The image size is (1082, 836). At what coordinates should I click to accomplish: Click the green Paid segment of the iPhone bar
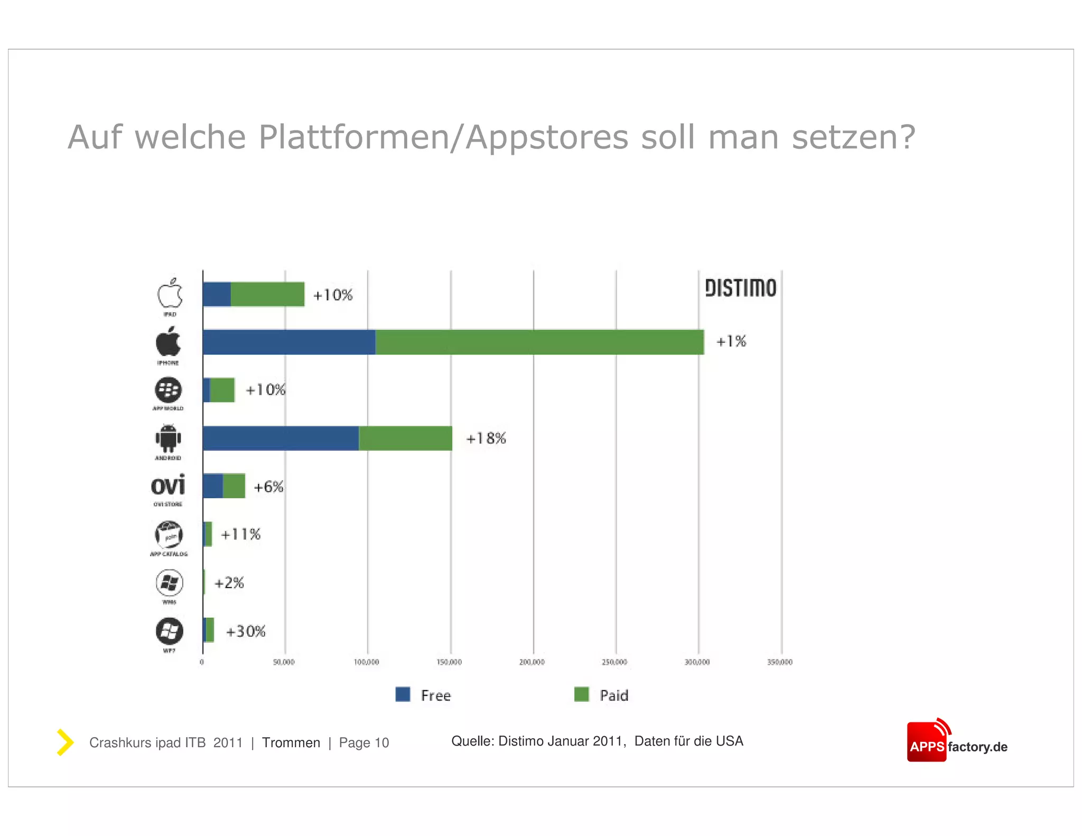(539, 342)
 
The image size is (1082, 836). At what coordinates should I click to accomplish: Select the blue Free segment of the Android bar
(280, 438)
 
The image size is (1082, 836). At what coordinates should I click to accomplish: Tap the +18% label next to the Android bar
(486, 438)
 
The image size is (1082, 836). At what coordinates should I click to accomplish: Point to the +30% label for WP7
(246, 631)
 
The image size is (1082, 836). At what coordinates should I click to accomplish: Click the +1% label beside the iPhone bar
(731, 341)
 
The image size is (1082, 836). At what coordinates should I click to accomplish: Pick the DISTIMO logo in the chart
(740, 288)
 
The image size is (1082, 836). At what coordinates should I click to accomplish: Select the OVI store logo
(168, 485)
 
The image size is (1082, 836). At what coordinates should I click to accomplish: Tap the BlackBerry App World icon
(168, 390)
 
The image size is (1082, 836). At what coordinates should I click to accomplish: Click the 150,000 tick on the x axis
(449, 662)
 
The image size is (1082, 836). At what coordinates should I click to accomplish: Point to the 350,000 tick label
(780, 662)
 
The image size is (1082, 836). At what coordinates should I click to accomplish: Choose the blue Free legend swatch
(403, 694)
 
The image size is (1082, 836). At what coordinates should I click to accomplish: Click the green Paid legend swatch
(581, 694)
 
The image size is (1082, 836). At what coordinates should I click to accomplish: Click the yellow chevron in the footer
(65, 742)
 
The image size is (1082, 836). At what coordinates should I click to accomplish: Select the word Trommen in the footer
(291, 742)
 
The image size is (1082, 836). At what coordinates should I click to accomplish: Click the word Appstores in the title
(547, 137)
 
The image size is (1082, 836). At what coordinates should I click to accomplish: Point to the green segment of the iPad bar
(267, 294)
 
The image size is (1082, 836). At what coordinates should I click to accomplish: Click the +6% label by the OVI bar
(268, 487)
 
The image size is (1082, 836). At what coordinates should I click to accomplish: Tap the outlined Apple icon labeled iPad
(170, 293)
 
